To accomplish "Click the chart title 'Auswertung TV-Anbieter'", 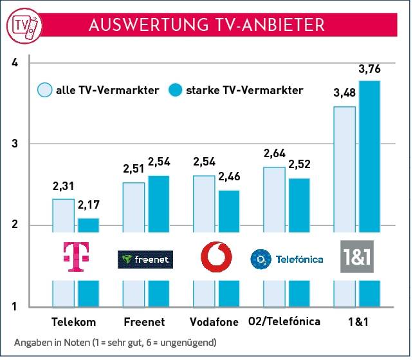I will point(206,24).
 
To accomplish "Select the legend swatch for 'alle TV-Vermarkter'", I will point(45,90).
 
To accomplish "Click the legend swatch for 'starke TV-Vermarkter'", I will point(175,90).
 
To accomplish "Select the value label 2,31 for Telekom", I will point(63,187).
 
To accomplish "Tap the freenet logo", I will point(145,259).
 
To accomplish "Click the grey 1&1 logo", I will point(356,257).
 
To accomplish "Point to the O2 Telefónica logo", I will point(286,260).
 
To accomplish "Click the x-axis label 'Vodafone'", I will point(214,321).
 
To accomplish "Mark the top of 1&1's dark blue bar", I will point(369,82).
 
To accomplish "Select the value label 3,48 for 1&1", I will point(344,95).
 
